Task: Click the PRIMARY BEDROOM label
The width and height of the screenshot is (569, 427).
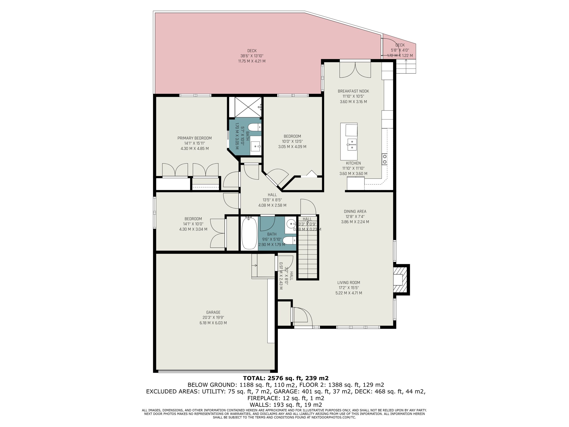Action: click(194, 138)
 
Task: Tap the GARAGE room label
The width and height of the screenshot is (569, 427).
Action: click(213, 312)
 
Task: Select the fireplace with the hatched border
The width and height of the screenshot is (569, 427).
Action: click(401, 280)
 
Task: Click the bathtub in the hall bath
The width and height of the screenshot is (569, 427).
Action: click(249, 234)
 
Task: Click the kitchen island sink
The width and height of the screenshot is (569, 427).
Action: click(351, 145)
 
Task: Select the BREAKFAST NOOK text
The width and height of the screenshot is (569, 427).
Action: click(353, 91)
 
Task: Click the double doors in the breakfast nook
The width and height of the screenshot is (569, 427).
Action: click(355, 70)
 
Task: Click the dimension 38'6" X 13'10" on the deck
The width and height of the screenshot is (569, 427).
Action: click(252, 56)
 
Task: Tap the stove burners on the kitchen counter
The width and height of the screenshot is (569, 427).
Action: click(384, 159)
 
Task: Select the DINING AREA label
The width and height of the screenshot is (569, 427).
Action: click(355, 211)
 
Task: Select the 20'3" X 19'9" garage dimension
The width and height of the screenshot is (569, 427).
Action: click(213, 318)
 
